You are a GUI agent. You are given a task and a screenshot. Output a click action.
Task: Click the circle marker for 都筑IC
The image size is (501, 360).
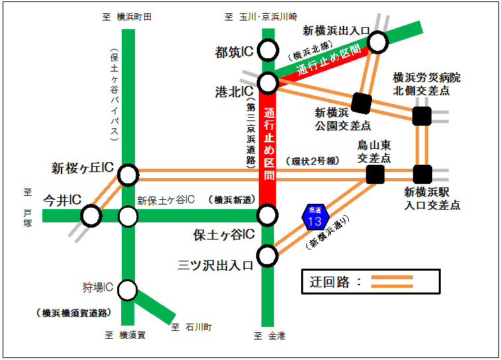pos(268,50)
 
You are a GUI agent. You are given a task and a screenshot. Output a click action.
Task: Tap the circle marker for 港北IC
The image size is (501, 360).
pos(268,83)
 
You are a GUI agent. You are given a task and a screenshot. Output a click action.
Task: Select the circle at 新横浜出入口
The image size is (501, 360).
pos(377,42)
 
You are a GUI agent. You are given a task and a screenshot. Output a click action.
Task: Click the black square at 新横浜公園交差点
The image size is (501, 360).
pos(361,102)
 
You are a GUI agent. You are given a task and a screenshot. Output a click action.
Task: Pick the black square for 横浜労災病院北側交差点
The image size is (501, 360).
pos(422,116)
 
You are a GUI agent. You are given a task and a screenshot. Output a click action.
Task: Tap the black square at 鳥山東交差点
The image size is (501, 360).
pos(375,174)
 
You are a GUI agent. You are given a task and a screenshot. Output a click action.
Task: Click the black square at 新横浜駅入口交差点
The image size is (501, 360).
pos(422,174)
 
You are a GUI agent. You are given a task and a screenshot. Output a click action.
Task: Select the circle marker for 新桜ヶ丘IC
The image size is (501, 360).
pos(128,175)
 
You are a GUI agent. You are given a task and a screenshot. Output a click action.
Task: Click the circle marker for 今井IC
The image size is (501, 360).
pos(91,216)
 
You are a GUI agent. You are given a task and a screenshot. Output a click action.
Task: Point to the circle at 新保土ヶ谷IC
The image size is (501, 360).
pos(128,216)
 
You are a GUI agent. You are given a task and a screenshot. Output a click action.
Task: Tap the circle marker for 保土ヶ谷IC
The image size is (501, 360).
pos(267,215)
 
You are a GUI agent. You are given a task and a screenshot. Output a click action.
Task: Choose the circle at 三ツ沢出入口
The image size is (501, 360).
pos(267,255)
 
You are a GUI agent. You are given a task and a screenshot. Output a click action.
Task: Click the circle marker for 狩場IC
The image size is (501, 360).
pos(128,290)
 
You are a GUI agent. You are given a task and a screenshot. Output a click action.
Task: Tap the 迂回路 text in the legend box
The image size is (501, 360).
pos(330,281)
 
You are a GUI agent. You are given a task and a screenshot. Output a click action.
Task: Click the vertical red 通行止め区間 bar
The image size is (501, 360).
pos(268,152)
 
